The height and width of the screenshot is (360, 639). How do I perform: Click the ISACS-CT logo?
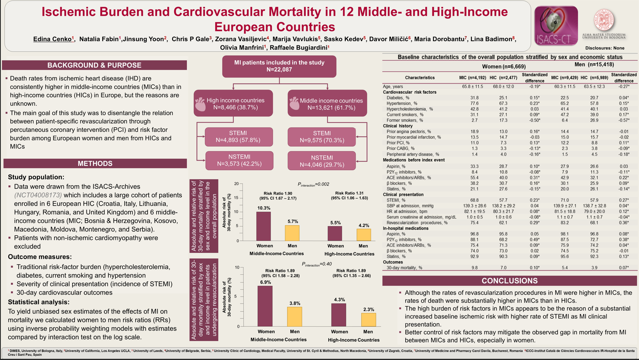pos(556,26)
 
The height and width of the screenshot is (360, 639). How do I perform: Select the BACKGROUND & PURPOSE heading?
pos(94,65)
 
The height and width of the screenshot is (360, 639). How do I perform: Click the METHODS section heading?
pos(95,164)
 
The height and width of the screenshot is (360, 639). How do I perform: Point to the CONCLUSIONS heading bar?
pos(509,281)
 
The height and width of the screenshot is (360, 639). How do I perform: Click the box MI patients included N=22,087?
pos(279,66)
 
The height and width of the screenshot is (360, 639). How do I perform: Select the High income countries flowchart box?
pos(233,103)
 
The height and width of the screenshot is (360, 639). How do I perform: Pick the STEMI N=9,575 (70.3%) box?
pos(321,137)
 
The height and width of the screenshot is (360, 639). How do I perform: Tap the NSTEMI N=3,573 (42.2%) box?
pos(239,160)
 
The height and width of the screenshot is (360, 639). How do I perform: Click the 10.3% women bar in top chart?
pos(264,226)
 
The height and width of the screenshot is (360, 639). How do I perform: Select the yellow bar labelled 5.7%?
pos(292,233)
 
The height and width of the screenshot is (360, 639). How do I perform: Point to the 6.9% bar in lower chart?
pos(265,306)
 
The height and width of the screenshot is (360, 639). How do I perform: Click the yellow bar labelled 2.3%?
pos(368,319)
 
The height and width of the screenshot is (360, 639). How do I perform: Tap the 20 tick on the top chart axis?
pos(236,184)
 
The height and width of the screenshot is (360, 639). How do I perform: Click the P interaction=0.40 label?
pos(316,264)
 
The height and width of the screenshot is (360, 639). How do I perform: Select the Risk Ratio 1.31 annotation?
pos(349,195)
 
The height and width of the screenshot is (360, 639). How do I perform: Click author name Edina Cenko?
pos(53,39)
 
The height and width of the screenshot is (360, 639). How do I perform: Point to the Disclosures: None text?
pos(604,48)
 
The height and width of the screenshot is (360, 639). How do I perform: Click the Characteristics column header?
pos(419,78)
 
